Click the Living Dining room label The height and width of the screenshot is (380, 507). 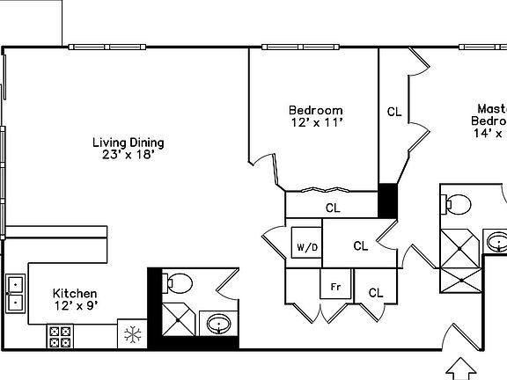pyautogui.click(x=129, y=142)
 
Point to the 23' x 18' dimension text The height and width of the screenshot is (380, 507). pyautogui.click(x=129, y=156)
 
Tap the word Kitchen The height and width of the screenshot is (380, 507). pyautogui.click(x=75, y=294)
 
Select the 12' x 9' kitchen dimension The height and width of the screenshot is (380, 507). pyautogui.click(x=75, y=306)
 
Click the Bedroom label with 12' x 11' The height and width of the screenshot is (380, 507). pyautogui.click(x=315, y=110)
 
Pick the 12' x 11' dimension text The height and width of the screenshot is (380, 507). pyautogui.click(x=315, y=123)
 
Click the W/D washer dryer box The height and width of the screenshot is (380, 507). pyautogui.click(x=306, y=245)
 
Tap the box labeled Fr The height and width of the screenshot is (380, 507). pyautogui.click(x=335, y=287)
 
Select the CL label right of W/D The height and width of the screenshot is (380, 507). pyautogui.click(x=360, y=246)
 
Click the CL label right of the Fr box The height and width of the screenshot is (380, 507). pyautogui.click(x=376, y=293)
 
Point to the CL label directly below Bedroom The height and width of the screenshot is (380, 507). pyautogui.click(x=333, y=208)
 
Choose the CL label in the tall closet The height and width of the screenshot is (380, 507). pyautogui.click(x=394, y=112)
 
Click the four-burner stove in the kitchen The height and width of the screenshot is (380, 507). pyautogui.click(x=60, y=335)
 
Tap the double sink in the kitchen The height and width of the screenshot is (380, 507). pyautogui.click(x=16, y=293)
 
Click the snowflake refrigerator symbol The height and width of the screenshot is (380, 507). pyautogui.click(x=133, y=334)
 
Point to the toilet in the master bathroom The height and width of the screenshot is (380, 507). pyautogui.click(x=457, y=204)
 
